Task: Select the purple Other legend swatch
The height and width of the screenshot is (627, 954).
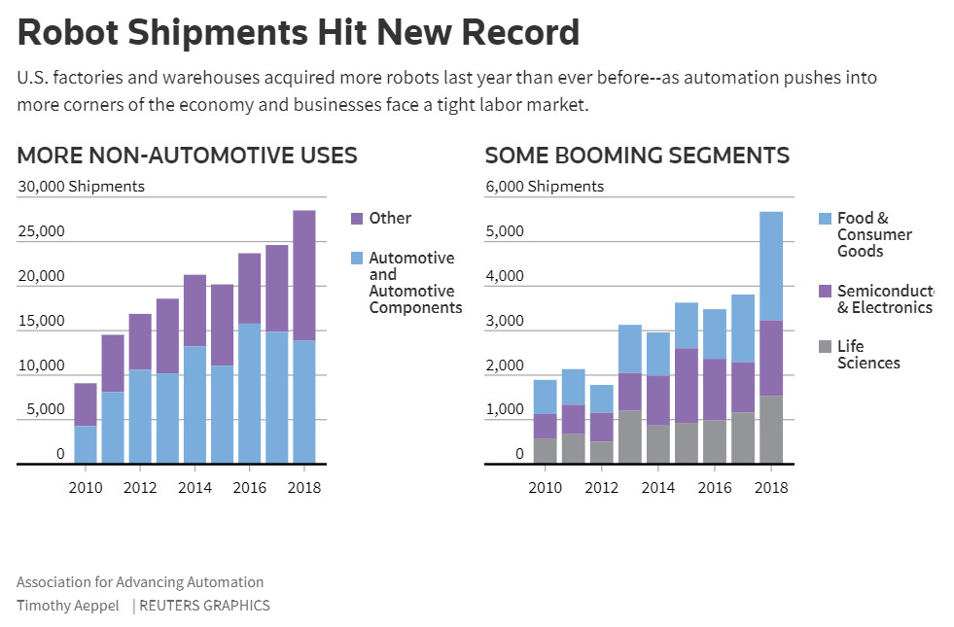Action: click(x=357, y=219)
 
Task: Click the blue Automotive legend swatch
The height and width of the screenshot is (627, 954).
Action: click(x=357, y=259)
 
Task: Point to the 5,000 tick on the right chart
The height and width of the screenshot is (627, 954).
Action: click(x=504, y=232)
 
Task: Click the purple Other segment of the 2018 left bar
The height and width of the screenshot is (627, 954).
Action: click(x=304, y=275)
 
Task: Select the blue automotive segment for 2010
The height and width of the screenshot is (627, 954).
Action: click(x=86, y=444)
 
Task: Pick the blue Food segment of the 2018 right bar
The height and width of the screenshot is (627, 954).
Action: click(x=771, y=265)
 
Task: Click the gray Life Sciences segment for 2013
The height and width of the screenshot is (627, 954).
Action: click(x=630, y=437)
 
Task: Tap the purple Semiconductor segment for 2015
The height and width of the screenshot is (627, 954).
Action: click(x=687, y=385)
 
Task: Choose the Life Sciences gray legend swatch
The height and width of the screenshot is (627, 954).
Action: click(x=825, y=346)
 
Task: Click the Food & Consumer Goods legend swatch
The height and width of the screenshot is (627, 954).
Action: click(x=825, y=219)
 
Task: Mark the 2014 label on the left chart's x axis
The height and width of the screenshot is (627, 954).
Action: click(x=194, y=488)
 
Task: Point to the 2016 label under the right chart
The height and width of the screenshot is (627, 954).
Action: click(x=716, y=488)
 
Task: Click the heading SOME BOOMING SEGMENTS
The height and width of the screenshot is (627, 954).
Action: click(x=637, y=156)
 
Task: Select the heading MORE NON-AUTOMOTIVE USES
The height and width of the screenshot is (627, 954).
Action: click(x=187, y=156)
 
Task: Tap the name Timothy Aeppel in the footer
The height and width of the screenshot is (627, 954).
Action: click(x=68, y=606)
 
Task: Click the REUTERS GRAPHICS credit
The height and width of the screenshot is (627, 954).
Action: click(x=204, y=606)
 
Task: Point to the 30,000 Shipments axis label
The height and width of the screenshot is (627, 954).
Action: click(x=81, y=187)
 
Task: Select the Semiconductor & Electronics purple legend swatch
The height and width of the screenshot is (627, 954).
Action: click(x=825, y=291)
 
